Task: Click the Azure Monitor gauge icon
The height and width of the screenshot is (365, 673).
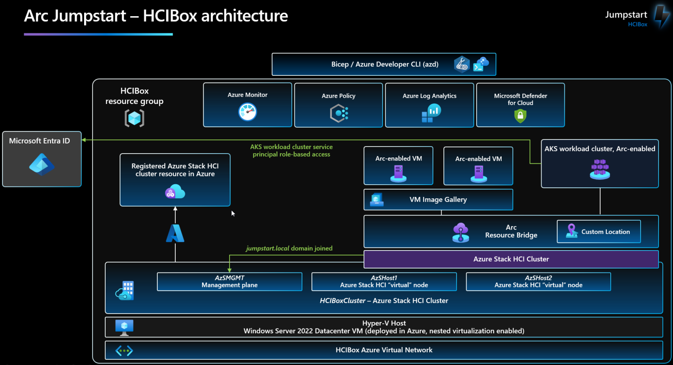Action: (x=248, y=112)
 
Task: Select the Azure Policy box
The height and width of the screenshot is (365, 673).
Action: (x=338, y=105)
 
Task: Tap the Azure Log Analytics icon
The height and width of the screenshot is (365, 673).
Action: (x=431, y=113)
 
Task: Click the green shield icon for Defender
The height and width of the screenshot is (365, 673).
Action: (x=520, y=116)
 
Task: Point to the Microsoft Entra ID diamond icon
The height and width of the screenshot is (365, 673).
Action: (x=42, y=165)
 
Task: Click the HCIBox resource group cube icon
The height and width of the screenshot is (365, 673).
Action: (x=135, y=118)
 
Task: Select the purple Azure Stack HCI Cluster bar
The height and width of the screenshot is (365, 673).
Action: (x=511, y=259)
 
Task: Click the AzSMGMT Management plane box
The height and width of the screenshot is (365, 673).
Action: (x=230, y=282)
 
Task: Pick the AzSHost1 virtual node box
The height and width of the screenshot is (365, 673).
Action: (x=384, y=282)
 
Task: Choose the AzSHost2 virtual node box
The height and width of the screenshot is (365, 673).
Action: (x=538, y=282)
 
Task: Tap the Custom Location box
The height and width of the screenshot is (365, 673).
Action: (x=599, y=232)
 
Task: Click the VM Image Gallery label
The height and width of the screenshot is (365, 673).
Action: (x=438, y=200)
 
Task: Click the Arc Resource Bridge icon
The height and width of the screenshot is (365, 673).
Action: (x=460, y=232)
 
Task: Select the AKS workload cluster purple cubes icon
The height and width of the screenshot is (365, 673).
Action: (x=600, y=169)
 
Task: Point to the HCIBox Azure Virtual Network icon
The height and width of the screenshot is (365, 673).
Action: (x=124, y=351)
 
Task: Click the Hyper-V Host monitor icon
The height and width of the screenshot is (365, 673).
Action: (x=124, y=327)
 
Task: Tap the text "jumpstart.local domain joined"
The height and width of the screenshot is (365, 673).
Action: (x=289, y=248)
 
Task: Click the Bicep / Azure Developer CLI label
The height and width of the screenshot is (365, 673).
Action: (x=385, y=64)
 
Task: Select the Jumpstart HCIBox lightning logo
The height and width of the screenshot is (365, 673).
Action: (x=662, y=17)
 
